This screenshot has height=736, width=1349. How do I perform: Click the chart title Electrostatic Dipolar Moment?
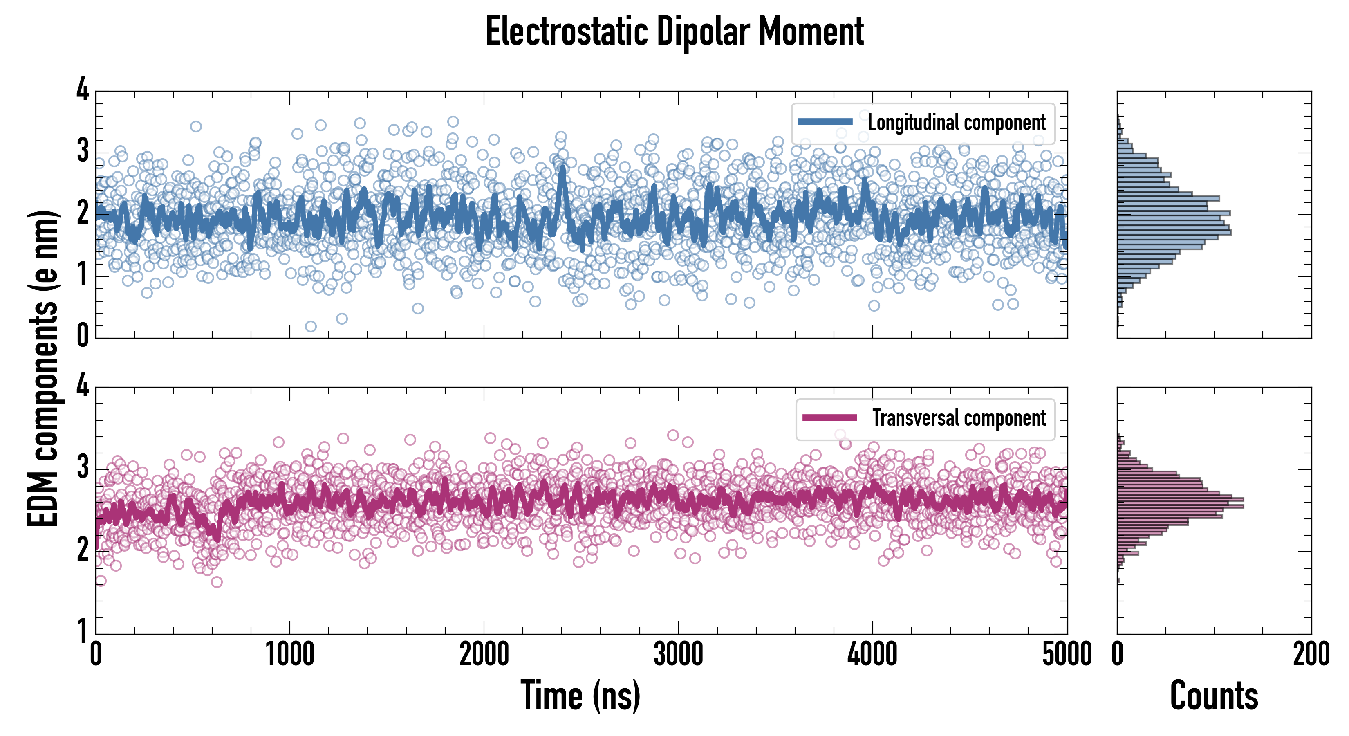pyautogui.click(x=674, y=31)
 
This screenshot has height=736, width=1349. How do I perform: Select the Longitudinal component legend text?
pyautogui.click(x=956, y=123)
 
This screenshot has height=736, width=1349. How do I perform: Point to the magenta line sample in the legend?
pyautogui.click(x=829, y=418)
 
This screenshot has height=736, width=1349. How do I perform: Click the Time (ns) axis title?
pyautogui.click(x=580, y=696)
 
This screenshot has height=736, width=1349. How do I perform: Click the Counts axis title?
pyautogui.click(x=1214, y=696)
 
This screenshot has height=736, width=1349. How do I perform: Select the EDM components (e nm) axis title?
pyautogui.click(x=43, y=369)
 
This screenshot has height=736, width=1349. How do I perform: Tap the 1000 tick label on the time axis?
pyautogui.click(x=289, y=655)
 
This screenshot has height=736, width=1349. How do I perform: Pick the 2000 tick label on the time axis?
pyautogui.click(x=484, y=655)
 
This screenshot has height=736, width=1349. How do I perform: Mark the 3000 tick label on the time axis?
pyautogui.click(x=678, y=655)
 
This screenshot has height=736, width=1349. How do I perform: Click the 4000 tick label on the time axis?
pyautogui.click(x=872, y=655)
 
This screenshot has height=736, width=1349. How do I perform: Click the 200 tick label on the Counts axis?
pyautogui.click(x=1311, y=655)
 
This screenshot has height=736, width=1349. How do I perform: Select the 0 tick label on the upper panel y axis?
pyautogui.click(x=83, y=335)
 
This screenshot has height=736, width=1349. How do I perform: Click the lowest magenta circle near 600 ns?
pyautogui.click(x=216, y=582)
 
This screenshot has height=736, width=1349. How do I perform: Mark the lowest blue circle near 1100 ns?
pyautogui.click(x=311, y=327)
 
